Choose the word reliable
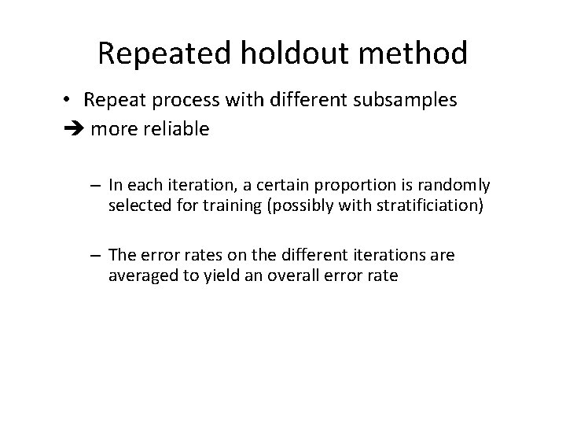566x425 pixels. [175, 128]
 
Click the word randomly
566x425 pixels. [454, 185]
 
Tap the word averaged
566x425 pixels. [140, 275]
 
